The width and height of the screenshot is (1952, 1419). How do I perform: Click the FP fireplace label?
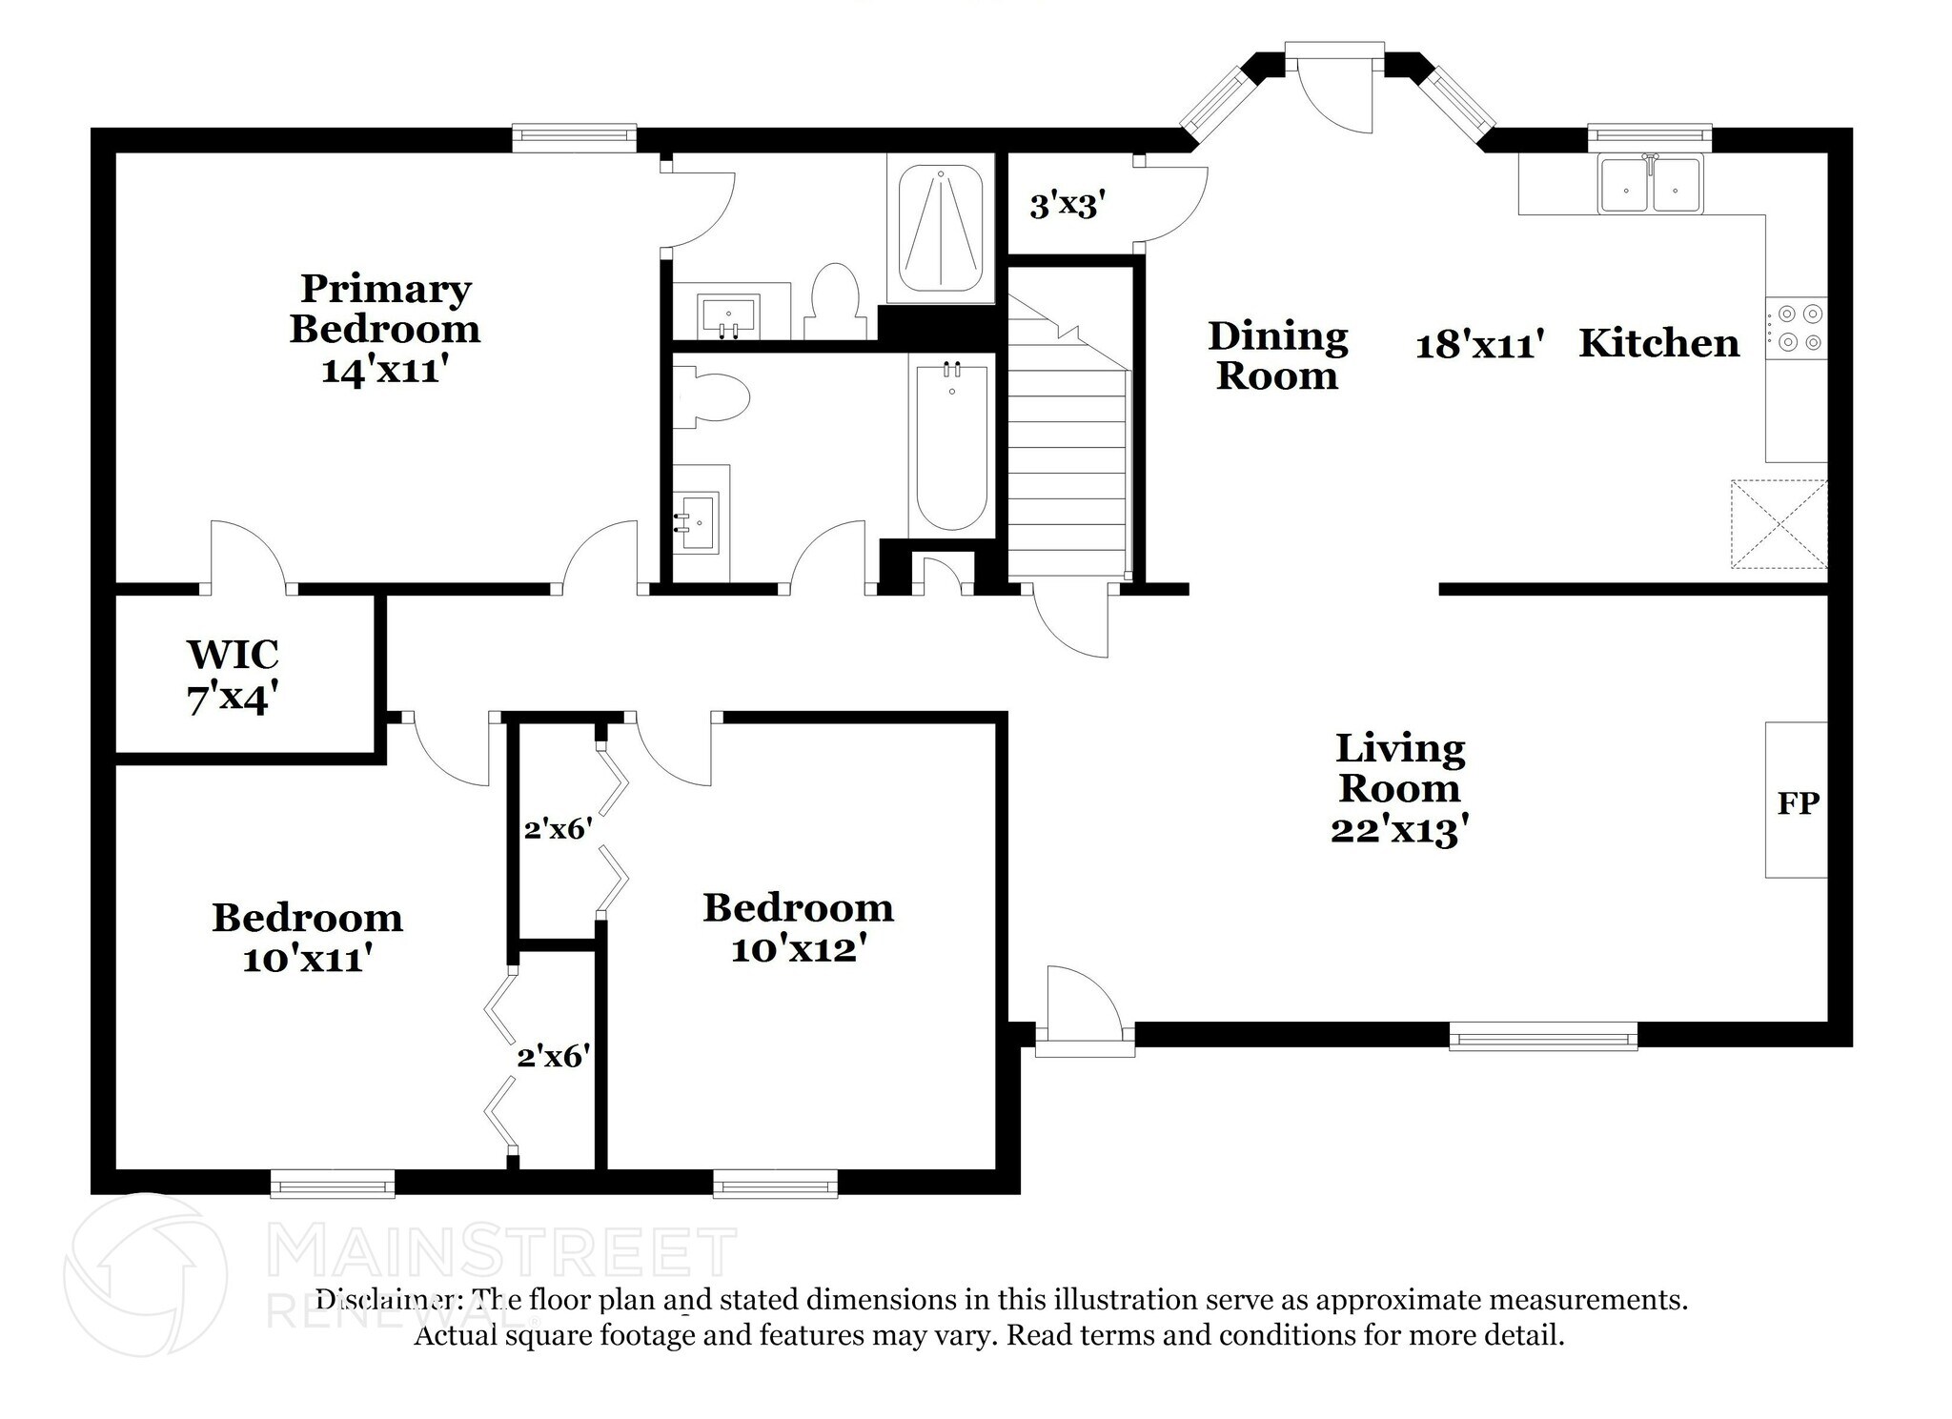pos(1798,802)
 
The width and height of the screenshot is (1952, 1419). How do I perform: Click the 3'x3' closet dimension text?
pos(1067,205)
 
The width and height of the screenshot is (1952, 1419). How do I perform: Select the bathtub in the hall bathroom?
pos(951,448)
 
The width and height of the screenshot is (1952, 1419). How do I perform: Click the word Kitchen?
pos(1658,343)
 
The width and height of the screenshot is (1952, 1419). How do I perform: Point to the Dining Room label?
pos(1277,356)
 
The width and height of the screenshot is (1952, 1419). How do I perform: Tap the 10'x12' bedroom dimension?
pos(798,949)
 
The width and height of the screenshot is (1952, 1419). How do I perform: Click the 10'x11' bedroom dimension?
pos(306,959)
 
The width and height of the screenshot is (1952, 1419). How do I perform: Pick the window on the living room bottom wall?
pos(1542,1037)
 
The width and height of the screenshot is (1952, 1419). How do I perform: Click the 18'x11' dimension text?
pos(1478,345)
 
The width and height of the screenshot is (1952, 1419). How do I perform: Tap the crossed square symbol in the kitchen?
pos(1779,524)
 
